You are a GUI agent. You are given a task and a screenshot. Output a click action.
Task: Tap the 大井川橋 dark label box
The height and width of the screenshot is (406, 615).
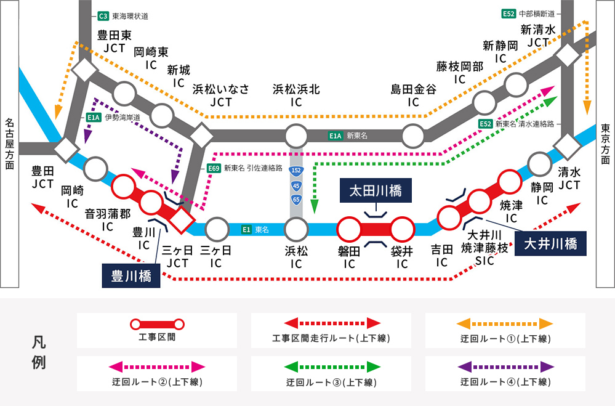(550, 244)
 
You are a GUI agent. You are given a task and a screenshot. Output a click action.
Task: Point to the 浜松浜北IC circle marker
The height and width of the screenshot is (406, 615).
(296, 136)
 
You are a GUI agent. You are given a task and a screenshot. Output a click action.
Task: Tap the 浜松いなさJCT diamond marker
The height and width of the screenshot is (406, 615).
(201, 134)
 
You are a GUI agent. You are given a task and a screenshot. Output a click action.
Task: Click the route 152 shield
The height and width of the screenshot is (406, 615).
(296, 168)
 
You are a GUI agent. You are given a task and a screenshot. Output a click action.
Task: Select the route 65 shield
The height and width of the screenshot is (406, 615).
(296, 199)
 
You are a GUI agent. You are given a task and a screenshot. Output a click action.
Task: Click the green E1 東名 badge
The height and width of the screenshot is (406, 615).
(246, 230)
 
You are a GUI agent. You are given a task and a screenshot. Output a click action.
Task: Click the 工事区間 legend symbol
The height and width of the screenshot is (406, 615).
(156, 323)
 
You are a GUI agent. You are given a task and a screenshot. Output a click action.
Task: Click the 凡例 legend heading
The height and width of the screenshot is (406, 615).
(38, 352)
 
